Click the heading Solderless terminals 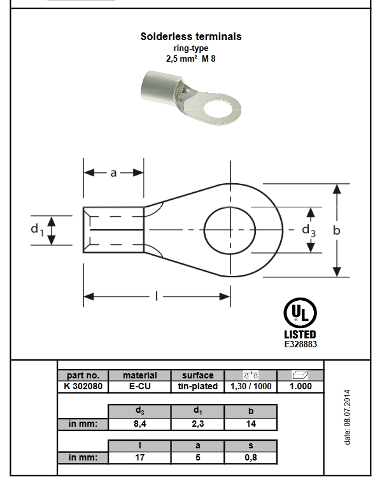[x=191, y=37]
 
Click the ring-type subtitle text [x=191, y=48]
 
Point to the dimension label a [x=113, y=172]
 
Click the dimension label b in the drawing [x=337, y=230]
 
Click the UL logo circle [x=299, y=313]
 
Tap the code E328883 [x=300, y=344]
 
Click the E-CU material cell [x=139, y=386]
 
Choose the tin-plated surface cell [x=197, y=386]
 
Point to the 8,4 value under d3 [x=139, y=424]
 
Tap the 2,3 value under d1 [x=197, y=424]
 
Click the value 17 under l [x=139, y=457]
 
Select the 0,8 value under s [x=251, y=457]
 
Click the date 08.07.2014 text [x=347, y=417]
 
